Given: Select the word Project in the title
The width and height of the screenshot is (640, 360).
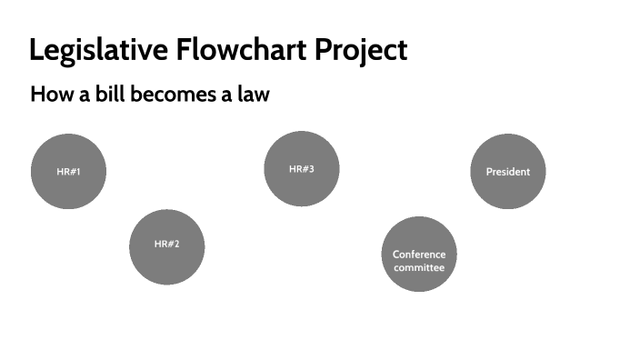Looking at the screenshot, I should pos(361,51).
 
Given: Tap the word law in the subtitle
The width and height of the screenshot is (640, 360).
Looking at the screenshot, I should pos(252,94).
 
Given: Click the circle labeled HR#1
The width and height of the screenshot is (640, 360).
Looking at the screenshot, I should pos(69,171).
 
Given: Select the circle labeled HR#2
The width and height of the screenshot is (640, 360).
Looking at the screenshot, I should pos(167,246).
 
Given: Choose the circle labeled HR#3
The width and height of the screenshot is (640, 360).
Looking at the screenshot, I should pos(302,168).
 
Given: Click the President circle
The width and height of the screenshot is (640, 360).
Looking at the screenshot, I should pos(508,171).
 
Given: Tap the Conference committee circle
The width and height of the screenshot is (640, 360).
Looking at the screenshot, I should pos(419,254).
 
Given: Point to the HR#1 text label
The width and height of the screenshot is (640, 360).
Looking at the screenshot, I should pos(69,172).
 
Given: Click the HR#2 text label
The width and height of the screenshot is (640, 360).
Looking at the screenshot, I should pos(167,245).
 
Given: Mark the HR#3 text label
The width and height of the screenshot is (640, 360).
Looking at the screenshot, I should pos(302,168).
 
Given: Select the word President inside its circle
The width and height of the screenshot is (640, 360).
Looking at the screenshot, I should pos(508,171).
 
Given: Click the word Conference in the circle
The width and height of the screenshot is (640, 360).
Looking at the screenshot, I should pos(419,255).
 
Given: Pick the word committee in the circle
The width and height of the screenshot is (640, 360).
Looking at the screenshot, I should pos(419,268).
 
